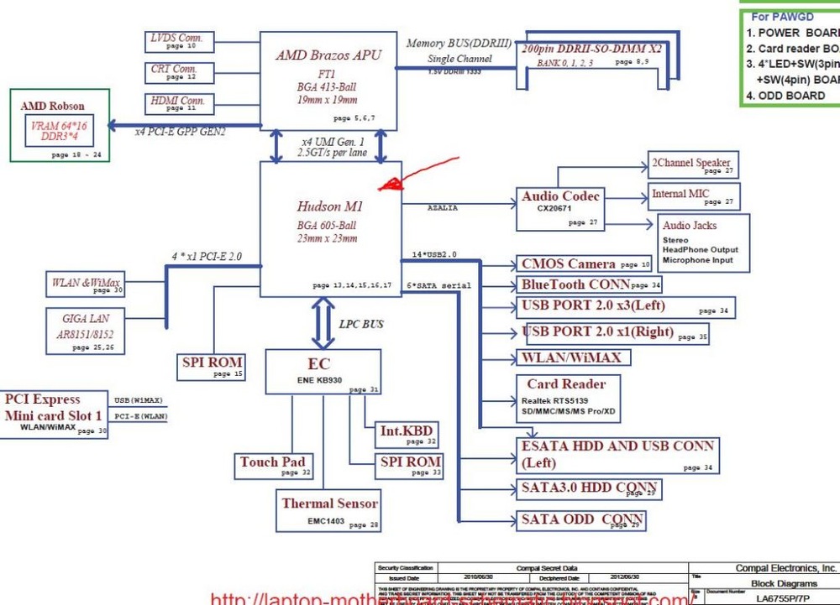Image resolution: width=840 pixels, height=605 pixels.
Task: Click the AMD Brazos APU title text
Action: pos(328,55)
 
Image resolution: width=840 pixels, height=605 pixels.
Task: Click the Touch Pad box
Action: pos(272,465)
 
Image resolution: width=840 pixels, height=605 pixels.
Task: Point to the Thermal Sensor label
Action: pos(329,503)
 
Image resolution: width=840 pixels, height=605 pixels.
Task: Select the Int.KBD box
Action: pos(406,435)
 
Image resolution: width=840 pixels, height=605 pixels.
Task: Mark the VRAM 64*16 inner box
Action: pos(59,130)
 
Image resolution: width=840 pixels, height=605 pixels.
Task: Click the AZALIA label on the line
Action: pos(443,207)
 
